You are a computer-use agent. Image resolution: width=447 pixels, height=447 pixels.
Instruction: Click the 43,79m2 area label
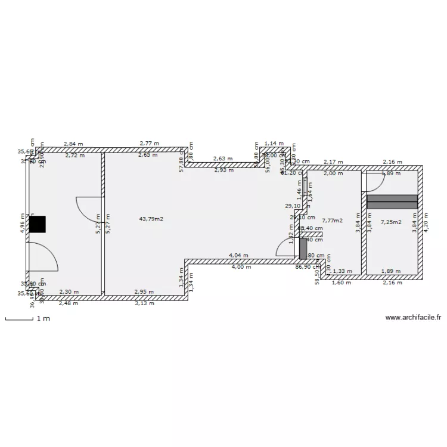pos(151,219)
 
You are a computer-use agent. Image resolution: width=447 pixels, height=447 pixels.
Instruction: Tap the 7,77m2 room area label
pos(332,221)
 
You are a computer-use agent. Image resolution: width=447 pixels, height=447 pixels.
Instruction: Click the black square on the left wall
pos(37,224)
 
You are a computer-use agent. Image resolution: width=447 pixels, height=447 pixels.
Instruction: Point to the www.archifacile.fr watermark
pos(414,318)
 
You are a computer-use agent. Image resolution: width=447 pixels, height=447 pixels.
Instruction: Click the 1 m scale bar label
pos(42,319)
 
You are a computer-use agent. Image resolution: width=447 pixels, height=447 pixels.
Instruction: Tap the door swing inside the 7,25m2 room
pos(375,182)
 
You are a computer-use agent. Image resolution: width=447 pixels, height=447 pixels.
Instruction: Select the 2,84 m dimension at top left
pos(74,144)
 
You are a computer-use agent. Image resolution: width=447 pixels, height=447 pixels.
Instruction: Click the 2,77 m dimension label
pos(150,144)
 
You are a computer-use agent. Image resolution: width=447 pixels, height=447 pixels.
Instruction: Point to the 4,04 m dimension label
pos(238,256)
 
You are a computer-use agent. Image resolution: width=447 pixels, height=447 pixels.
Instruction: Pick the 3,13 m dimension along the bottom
pos(144,303)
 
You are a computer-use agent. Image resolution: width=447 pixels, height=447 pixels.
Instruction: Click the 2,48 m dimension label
pos(68,303)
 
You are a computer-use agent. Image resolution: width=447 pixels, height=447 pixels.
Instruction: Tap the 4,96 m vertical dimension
pos(22,224)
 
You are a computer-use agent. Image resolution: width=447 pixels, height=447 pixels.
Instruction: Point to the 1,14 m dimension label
pos(274,144)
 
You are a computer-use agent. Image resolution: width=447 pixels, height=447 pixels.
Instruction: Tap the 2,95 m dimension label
pos(144,292)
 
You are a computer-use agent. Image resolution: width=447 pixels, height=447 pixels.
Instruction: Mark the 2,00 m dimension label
pos(333,173)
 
